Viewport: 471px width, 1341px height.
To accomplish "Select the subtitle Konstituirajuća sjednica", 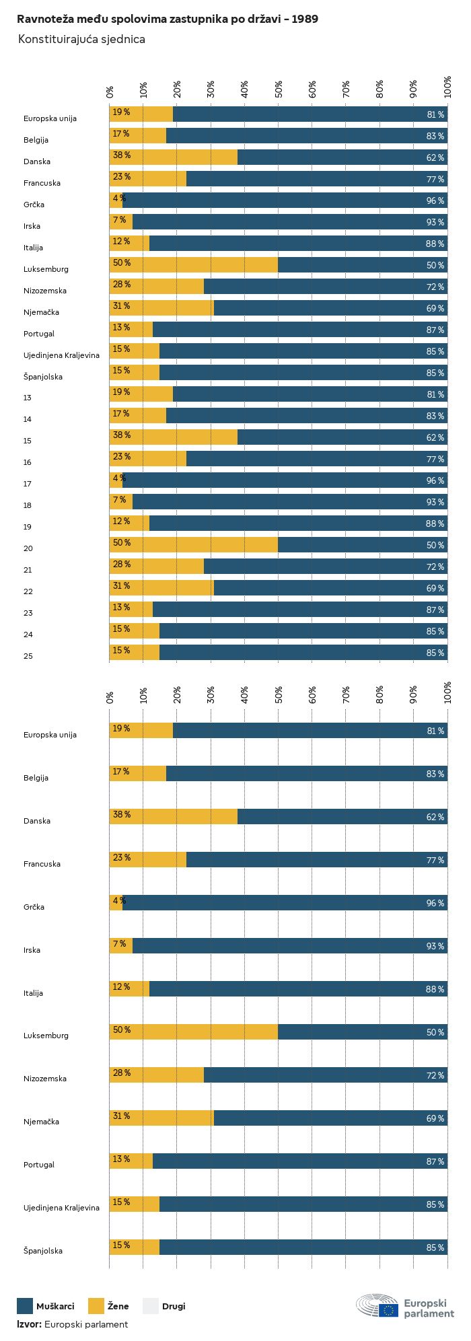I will click(x=81, y=40).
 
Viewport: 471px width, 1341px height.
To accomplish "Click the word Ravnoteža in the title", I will click(x=42, y=20).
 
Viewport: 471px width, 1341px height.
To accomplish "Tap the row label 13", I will click(x=28, y=398).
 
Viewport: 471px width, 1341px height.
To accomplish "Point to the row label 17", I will click(x=28, y=484).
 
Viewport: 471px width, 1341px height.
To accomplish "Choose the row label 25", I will click(x=28, y=656).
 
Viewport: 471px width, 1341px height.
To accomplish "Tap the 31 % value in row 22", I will click(x=121, y=586).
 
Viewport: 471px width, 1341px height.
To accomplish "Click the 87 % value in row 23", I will click(x=435, y=610).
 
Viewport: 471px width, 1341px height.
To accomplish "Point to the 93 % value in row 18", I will click(x=435, y=502).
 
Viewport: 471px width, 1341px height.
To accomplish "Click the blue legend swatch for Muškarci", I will click(x=25, y=1306).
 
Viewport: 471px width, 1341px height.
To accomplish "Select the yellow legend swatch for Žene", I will click(x=96, y=1306).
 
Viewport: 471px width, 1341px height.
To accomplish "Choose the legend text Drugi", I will click(x=174, y=1307).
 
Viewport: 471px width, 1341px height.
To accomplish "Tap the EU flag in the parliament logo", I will click(x=388, y=1309).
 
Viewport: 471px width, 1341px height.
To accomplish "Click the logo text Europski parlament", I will click(x=429, y=1309).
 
